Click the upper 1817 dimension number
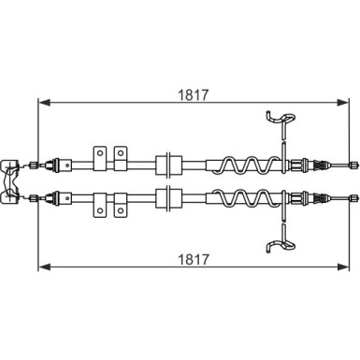(193, 95)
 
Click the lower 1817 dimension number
(193, 259)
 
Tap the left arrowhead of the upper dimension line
(44, 102)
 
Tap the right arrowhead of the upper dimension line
(343, 102)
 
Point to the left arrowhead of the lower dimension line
(44, 266)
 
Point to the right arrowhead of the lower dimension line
(343, 266)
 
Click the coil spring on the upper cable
(246, 165)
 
